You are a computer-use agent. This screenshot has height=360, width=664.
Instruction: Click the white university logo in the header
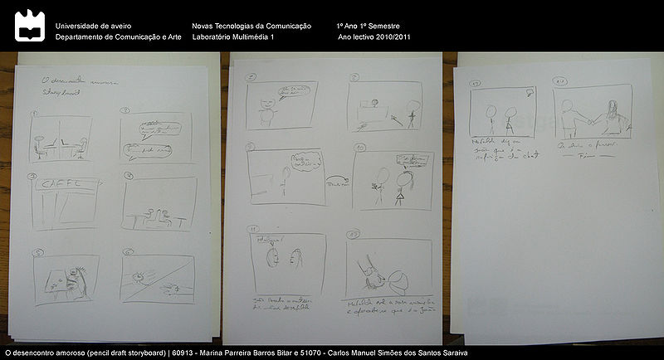tap(29, 26)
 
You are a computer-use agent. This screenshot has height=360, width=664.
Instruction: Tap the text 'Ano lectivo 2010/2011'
tap(374, 38)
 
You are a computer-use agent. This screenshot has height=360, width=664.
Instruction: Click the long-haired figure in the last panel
tap(613, 116)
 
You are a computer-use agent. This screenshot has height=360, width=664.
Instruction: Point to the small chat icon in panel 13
tap(528, 91)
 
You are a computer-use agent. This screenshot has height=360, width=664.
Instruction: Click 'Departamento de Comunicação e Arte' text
tap(118, 38)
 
